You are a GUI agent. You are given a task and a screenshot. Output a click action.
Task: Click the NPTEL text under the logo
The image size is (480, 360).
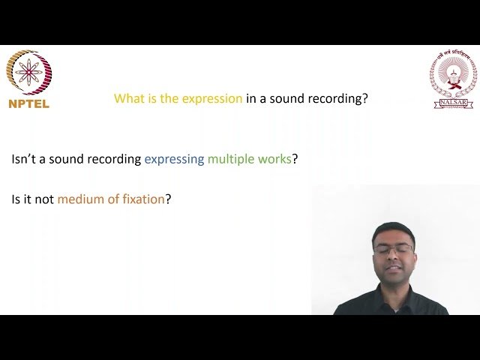pos(28,104)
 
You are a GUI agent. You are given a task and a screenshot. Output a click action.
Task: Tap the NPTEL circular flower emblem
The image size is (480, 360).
pos(28,73)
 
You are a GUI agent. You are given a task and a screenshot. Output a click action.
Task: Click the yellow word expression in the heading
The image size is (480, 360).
pos(213,98)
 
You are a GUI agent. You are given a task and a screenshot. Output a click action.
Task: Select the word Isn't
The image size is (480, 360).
pos(24,159)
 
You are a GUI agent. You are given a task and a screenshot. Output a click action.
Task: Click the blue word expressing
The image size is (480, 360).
pos(174,159)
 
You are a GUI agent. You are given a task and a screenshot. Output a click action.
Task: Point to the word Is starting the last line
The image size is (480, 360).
pos(17,199)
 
